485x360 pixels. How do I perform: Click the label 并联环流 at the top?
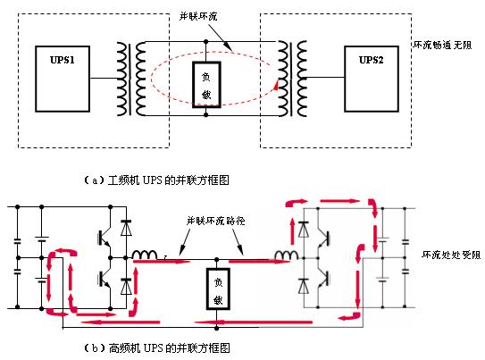click(198, 16)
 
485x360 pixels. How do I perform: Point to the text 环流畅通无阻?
click(442, 46)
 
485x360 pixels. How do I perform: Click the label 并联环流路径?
click(215, 221)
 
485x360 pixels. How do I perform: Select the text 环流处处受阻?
click(451, 255)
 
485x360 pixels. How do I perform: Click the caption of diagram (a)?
click(156, 180)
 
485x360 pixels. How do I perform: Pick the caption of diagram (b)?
click(157, 347)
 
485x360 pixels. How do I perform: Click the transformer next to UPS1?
click(131, 79)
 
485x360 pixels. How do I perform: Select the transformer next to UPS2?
click(292, 79)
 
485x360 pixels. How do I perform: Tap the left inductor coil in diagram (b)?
click(145, 255)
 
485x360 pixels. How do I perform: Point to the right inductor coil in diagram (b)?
click(286, 255)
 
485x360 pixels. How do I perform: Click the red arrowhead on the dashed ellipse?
click(275, 85)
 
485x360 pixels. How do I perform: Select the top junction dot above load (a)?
click(206, 41)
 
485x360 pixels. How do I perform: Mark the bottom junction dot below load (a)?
click(206, 115)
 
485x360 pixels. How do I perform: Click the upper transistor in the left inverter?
click(105, 239)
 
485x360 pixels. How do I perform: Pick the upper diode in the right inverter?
click(304, 230)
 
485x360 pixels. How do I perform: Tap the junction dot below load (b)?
click(217, 328)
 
